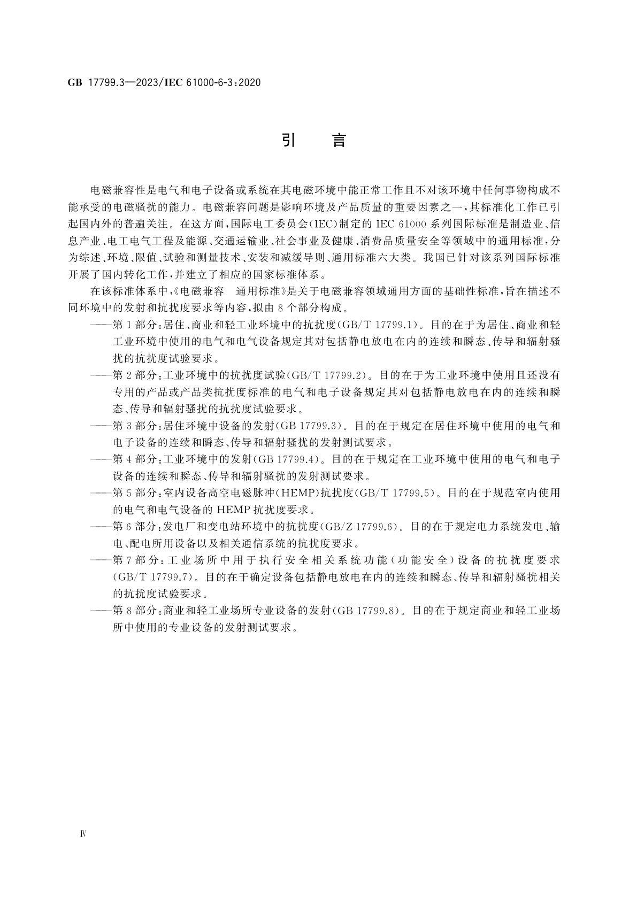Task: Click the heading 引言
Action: coord(314,141)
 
